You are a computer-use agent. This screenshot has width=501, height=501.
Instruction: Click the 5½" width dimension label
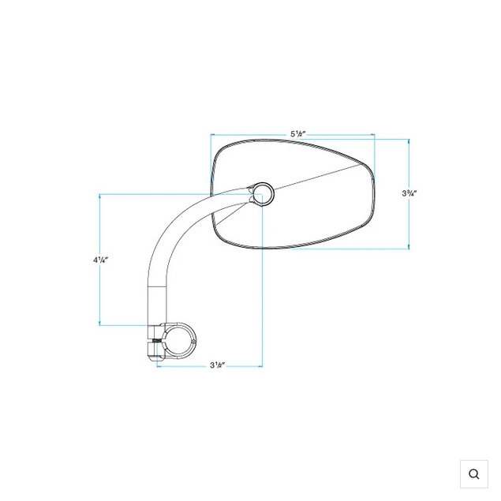click(297, 133)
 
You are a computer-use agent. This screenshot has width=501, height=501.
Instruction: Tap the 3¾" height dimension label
click(409, 193)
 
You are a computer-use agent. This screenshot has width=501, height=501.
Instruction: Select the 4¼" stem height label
click(101, 260)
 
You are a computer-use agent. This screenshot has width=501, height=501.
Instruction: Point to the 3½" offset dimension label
click(218, 365)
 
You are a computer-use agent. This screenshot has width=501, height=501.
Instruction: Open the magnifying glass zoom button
click(474, 474)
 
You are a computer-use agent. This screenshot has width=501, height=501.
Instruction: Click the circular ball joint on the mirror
click(262, 194)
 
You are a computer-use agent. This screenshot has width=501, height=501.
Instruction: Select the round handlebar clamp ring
click(178, 341)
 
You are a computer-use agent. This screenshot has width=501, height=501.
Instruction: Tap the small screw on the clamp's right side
click(193, 342)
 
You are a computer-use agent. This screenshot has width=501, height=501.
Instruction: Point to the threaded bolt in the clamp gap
click(157, 341)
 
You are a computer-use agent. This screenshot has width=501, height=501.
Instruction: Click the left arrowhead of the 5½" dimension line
click(212, 135)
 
